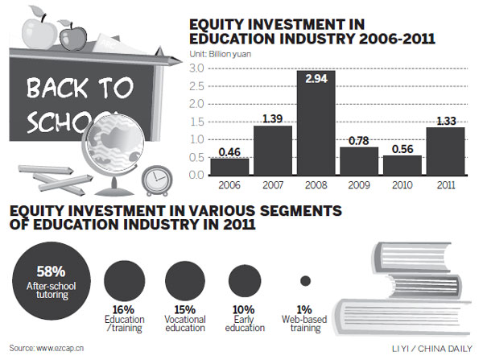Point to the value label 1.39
[272, 119]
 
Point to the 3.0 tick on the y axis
[196, 68]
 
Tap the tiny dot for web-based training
[306, 281]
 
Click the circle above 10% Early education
[244, 281]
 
